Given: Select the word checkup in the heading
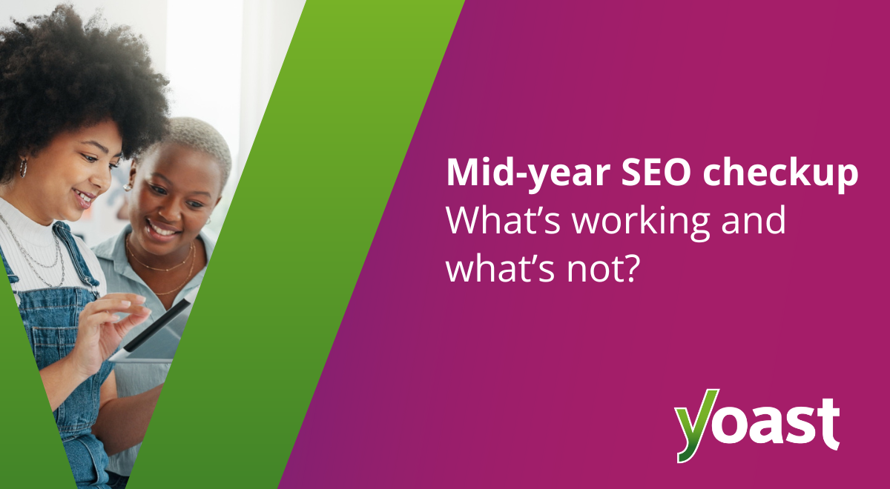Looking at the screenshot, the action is click(780, 174).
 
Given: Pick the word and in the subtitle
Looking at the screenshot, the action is click(754, 219).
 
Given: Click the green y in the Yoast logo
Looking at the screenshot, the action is click(697, 425).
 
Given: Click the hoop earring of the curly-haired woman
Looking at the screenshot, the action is click(23, 168).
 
